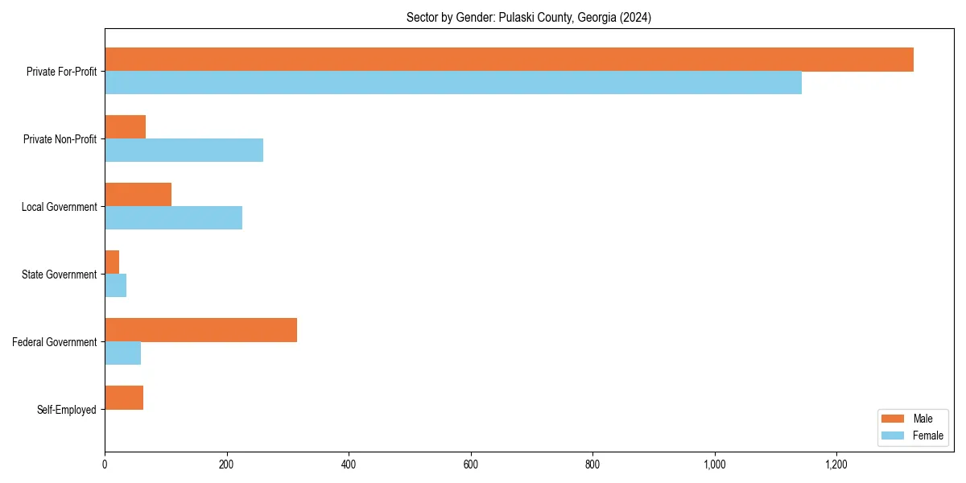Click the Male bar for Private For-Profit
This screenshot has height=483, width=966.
[509, 60]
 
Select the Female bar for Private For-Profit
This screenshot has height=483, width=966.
[453, 83]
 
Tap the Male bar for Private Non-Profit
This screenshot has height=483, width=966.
[125, 127]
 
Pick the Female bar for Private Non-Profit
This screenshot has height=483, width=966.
[184, 151]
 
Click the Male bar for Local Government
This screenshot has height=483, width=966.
[138, 195]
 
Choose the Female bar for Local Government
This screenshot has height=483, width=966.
[173, 218]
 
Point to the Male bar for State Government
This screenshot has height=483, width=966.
[112, 262]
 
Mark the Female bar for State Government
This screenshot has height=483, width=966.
[115, 286]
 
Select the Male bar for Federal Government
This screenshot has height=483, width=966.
[200, 330]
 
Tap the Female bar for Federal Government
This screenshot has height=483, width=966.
[122, 353]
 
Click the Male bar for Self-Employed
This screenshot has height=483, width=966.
[124, 398]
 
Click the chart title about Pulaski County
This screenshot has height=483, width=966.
[528, 18]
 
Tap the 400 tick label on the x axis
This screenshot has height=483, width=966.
[349, 464]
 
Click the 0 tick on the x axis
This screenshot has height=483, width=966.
[105, 464]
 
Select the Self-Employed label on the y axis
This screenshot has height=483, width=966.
[66, 410]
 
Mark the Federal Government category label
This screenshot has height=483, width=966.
[54, 342]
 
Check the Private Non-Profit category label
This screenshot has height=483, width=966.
[60, 139]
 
